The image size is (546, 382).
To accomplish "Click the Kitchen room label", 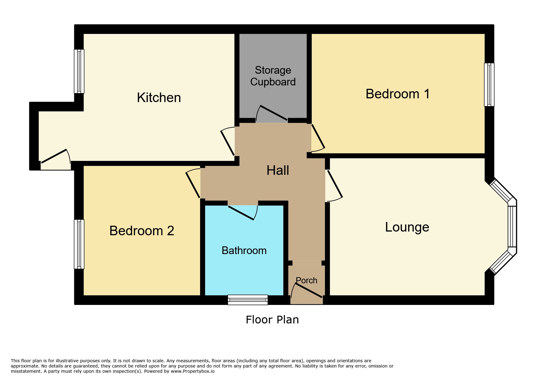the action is click(x=159, y=98).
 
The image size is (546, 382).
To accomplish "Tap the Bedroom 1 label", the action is click(x=398, y=94).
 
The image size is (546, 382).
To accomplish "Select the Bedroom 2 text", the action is click(x=142, y=231).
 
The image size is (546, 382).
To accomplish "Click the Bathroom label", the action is click(x=244, y=250).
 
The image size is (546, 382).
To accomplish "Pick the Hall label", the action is click(x=278, y=170).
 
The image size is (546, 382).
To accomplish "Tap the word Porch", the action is click(x=306, y=280).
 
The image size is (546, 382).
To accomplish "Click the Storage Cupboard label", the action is click(x=273, y=76).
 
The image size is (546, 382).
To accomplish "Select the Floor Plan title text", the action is click(x=272, y=320).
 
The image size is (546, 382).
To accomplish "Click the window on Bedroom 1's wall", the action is click(x=489, y=85).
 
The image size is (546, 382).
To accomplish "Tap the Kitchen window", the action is click(x=79, y=71).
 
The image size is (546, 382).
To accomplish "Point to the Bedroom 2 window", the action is click(x=79, y=244).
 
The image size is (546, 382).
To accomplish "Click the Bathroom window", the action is click(x=248, y=300).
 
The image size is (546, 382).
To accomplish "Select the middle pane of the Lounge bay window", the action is click(x=512, y=227).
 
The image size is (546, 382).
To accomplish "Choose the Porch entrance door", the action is click(x=307, y=290).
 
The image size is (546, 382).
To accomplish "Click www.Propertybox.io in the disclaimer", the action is click(x=193, y=371).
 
